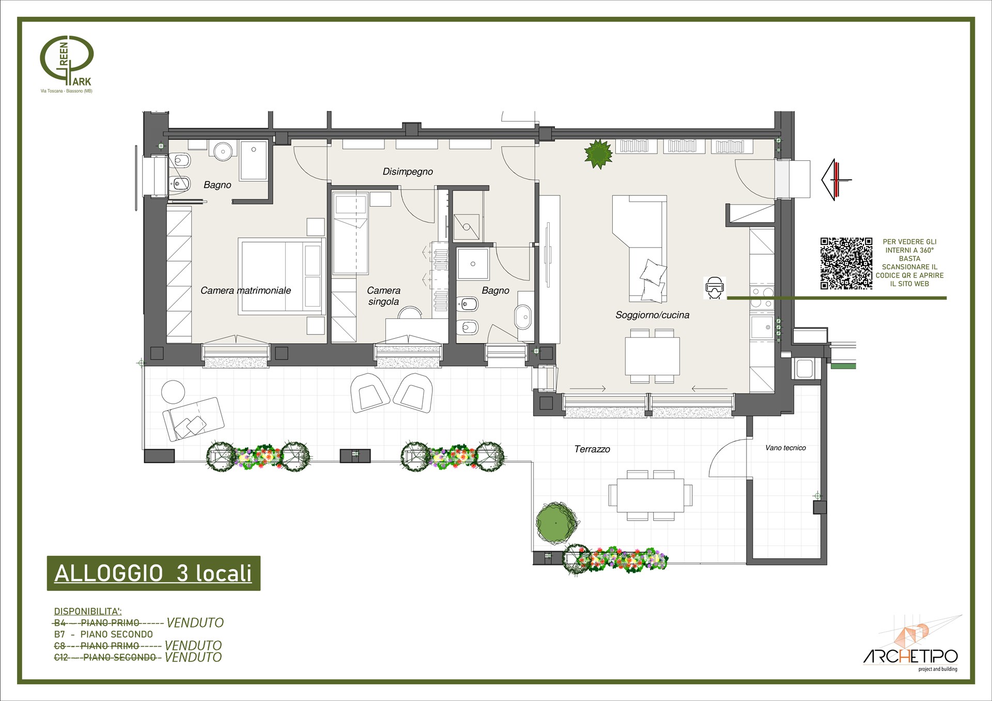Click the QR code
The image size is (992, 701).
click(846, 263)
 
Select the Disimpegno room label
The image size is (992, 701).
click(408, 172)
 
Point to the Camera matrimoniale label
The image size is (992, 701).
click(245, 291)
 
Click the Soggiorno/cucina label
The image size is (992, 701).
click(652, 315)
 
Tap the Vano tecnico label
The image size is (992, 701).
click(785, 448)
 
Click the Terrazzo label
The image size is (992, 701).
click(592, 449)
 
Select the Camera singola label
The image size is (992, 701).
click(383, 296)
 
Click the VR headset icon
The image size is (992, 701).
click(715, 288)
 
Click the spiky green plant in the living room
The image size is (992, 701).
click(598, 154)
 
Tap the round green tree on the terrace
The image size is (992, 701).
click(556, 523)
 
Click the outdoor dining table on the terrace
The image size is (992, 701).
click(650, 495)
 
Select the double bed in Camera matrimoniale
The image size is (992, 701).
click(282, 276)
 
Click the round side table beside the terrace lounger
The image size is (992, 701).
click(173, 392)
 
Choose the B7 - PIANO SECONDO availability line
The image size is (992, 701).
click(103, 634)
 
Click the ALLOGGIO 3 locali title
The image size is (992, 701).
click(153, 573)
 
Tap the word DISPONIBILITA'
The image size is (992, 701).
click(88, 612)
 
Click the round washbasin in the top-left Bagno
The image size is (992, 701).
click(223, 150)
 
